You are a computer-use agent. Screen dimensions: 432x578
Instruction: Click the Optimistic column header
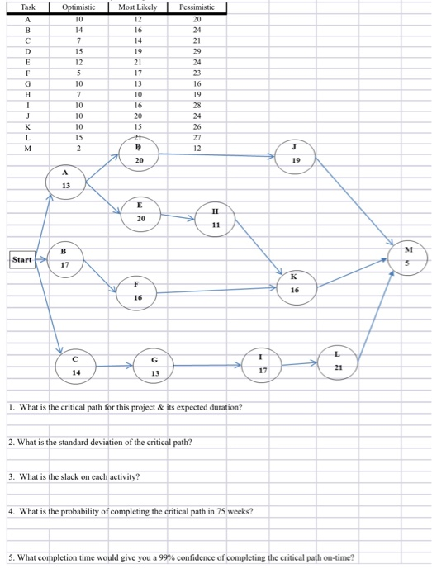(x=79, y=7)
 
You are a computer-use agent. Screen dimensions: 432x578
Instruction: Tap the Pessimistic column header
(x=197, y=7)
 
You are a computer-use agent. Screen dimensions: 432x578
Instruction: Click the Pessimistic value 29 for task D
(x=197, y=50)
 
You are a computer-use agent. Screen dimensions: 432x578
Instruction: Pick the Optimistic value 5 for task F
(x=79, y=72)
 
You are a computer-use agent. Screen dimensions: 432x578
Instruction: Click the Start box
(x=22, y=259)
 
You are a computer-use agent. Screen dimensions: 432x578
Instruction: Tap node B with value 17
(x=66, y=258)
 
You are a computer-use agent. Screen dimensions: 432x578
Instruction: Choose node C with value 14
(x=77, y=366)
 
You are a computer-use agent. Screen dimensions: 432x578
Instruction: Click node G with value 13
(x=154, y=366)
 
